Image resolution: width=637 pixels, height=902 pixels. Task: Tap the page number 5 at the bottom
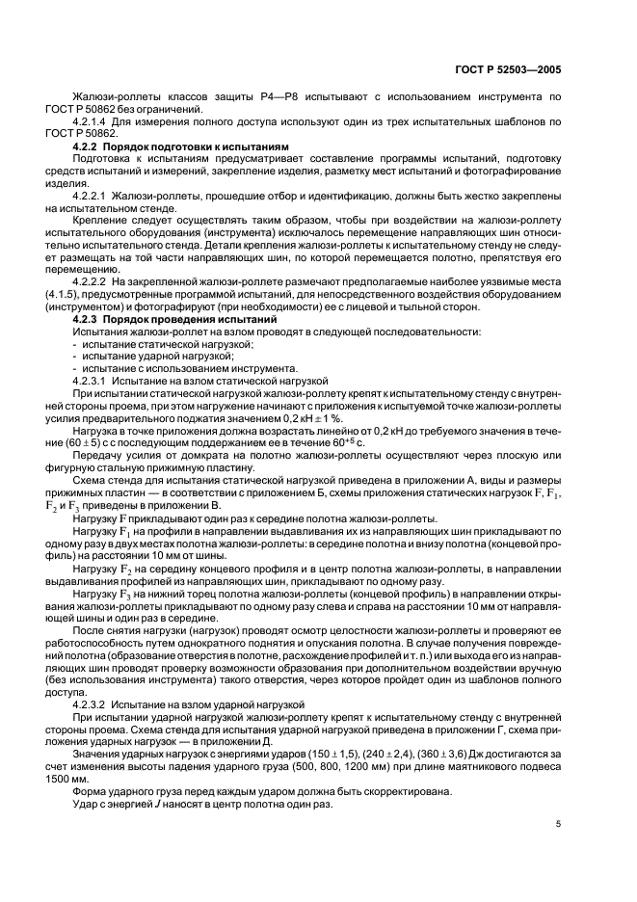[558, 825]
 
